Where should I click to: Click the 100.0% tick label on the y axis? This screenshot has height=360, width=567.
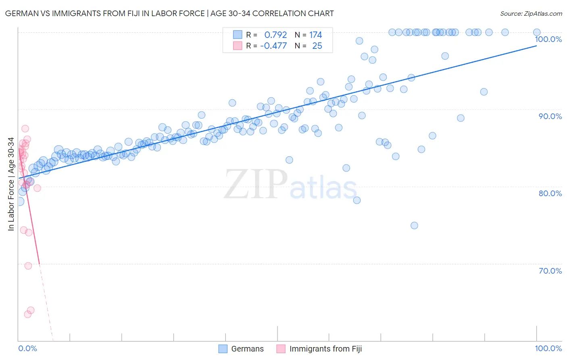548,39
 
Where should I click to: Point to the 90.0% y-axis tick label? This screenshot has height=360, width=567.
550,116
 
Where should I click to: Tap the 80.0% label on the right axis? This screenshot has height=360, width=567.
550,193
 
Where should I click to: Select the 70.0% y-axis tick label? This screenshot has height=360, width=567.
550,271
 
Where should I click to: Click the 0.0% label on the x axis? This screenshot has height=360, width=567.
27,349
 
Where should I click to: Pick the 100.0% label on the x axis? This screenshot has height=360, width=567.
548,349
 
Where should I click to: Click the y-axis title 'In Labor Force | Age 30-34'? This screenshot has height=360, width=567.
11,184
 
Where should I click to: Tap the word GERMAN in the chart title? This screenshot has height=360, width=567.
21,13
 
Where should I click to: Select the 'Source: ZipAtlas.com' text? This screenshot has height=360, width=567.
531,13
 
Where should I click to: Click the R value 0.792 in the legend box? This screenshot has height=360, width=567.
275,35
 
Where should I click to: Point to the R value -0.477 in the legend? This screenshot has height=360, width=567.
273,46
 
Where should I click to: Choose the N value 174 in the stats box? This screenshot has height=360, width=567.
315,35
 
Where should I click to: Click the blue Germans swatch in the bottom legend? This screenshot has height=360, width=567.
223,349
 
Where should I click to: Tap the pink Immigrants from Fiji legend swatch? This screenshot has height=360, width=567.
281,349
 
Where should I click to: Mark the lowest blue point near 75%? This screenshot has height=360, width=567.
414,226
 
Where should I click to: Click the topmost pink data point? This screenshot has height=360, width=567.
25,129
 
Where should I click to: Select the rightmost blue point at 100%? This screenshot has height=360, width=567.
537,32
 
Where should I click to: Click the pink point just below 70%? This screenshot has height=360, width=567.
28,266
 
